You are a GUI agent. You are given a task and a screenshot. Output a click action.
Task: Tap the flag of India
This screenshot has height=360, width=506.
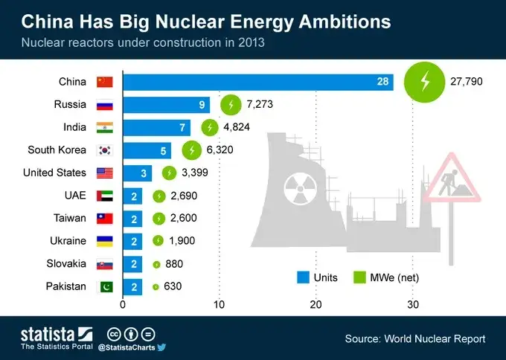click(105, 127)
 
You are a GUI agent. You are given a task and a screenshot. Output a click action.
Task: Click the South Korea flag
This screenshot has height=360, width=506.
click(105, 150)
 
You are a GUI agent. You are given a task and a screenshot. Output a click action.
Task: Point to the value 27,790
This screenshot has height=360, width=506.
click(467, 82)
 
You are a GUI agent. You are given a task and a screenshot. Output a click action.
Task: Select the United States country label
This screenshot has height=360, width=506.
click(54, 173)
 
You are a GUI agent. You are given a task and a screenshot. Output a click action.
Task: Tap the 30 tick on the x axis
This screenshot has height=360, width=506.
click(413, 304)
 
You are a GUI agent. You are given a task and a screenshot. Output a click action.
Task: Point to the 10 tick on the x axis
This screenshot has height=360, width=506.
click(219, 304)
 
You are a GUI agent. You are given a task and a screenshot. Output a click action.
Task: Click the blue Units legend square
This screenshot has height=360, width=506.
click(303, 277)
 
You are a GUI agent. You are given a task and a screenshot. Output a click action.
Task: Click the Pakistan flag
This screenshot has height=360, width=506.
click(105, 286)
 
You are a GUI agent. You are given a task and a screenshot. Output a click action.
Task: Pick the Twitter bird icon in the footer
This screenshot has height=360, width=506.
click(161, 347)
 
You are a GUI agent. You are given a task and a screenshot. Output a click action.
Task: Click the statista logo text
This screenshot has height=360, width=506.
click(46, 332)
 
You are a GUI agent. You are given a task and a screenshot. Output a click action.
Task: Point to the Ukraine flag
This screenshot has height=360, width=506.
click(105, 241)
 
